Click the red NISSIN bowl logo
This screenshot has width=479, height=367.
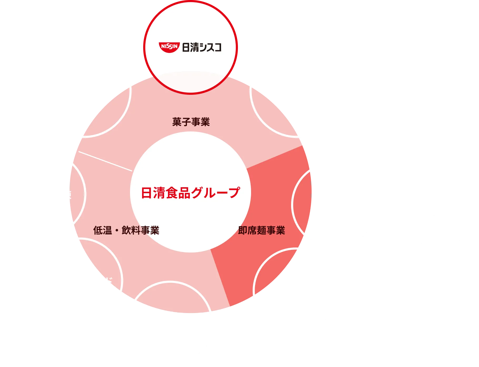[169, 47]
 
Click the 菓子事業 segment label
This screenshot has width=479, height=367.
[191, 122]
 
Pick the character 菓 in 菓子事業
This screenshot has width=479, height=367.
[177, 122]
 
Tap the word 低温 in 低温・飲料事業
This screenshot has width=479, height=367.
[102, 230]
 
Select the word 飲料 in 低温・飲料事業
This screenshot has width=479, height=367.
[131, 230]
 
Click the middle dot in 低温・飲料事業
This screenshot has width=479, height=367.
[117, 231]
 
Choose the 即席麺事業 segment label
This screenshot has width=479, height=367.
[262, 230]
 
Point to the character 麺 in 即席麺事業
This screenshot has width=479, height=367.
[262, 230]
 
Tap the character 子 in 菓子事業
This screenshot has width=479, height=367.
[186, 122]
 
